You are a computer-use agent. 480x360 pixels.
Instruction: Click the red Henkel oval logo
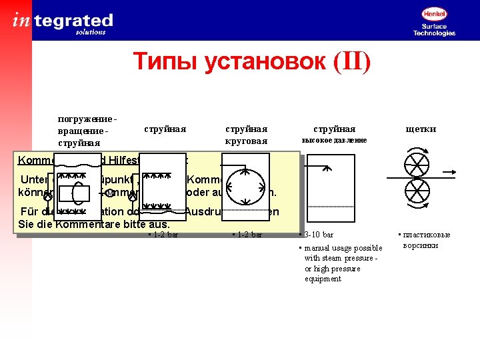434,13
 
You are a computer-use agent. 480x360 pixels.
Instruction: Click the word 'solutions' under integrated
91,31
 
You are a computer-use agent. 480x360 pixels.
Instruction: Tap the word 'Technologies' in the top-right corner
434,33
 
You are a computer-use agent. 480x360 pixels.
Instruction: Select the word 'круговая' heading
246,141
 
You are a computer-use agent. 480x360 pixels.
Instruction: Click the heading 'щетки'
421,129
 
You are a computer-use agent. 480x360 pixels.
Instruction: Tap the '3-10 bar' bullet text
318,235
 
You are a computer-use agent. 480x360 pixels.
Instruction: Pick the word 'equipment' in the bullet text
323,279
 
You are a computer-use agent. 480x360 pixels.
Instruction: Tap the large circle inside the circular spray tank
245,188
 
